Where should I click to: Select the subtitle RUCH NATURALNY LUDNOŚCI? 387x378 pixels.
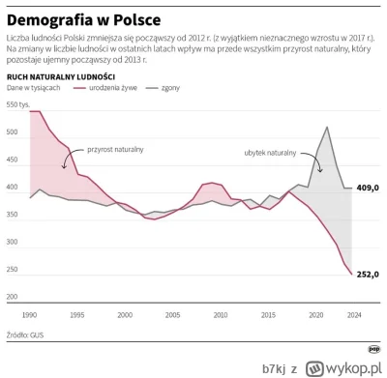point(62,74)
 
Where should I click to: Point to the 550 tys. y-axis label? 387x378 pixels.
point(18,103)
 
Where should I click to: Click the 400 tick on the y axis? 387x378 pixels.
point(13,188)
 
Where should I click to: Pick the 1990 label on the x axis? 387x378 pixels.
point(29,314)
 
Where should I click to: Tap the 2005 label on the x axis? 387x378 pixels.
point(172,314)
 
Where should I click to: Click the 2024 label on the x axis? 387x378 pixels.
point(353,314)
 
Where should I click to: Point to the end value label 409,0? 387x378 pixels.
point(368,188)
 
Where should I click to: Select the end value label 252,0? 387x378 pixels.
point(368,274)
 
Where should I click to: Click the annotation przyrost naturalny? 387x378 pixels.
point(115,150)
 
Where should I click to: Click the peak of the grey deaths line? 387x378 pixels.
point(327,127)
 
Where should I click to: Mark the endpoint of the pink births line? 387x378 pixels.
point(350,274)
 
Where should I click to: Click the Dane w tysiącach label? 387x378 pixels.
point(34,87)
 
